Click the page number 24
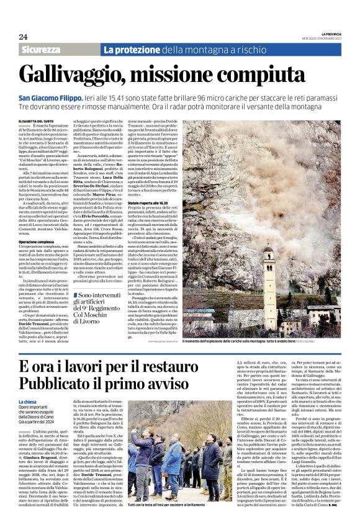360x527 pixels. click(23, 38)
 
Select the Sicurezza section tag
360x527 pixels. click(40, 50)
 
